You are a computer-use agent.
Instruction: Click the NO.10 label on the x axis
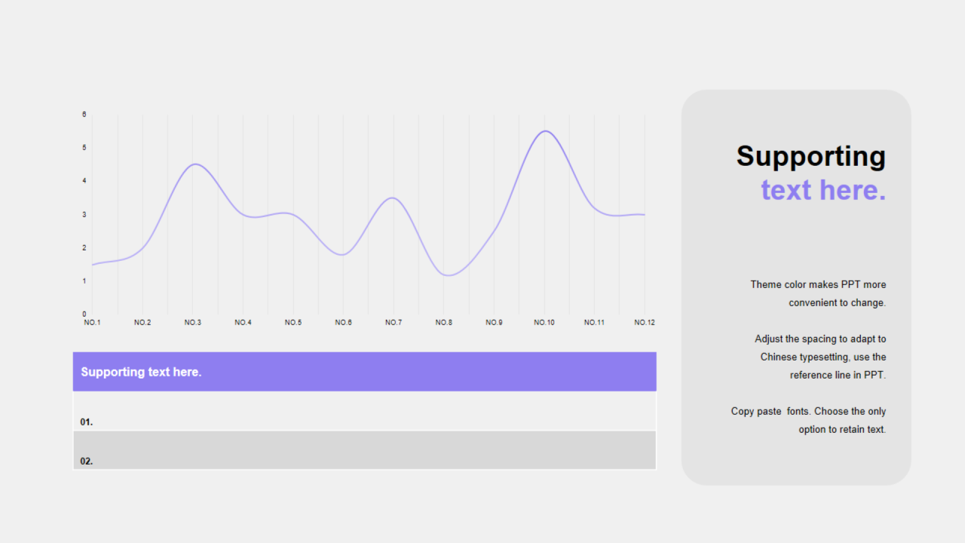point(544,322)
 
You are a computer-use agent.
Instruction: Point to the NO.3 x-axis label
point(192,322)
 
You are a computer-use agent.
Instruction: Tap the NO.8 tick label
point(444,322)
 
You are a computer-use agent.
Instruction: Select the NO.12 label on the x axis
point(645,322)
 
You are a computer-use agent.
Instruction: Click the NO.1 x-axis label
point(92,322)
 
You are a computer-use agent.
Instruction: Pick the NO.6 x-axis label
point(343,322)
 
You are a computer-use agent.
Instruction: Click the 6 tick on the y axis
point(84,114)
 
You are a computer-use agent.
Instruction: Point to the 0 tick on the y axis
point(84,314)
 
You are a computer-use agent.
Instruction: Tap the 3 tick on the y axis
point(84,214)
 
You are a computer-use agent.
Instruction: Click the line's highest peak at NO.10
point(545,131)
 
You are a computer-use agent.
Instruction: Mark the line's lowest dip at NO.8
point(449,275)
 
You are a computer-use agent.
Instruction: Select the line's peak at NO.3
point(195,164)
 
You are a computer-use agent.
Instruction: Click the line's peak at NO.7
point(393,198)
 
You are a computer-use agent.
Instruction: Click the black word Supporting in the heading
point(810,157)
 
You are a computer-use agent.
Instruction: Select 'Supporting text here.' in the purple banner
point(141,372)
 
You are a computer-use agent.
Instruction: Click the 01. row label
point(86,422)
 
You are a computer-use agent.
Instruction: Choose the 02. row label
point(86,461)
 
